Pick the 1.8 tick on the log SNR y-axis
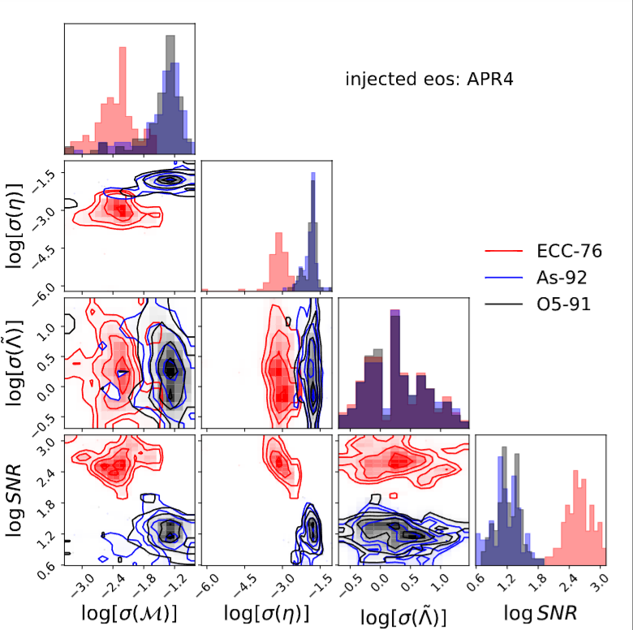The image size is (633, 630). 47,504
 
